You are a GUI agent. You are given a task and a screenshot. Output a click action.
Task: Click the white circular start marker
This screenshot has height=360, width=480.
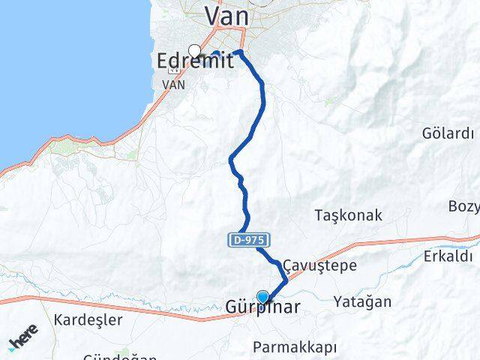[195, 51]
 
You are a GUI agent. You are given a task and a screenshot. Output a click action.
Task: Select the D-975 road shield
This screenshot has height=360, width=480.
[249, 241]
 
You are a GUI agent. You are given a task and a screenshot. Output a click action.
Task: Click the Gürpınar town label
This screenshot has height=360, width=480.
[262, 307]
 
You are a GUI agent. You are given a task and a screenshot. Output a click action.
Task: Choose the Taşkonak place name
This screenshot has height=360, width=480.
[348, 215]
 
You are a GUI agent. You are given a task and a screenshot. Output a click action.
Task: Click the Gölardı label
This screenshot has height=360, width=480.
[448, 134]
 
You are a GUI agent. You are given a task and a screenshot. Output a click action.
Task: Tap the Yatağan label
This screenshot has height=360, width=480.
[363, 301]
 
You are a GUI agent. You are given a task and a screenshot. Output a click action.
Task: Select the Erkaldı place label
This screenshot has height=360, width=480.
[448, 256]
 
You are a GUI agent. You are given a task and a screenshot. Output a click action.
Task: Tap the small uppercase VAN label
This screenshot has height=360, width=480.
[174, 84]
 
